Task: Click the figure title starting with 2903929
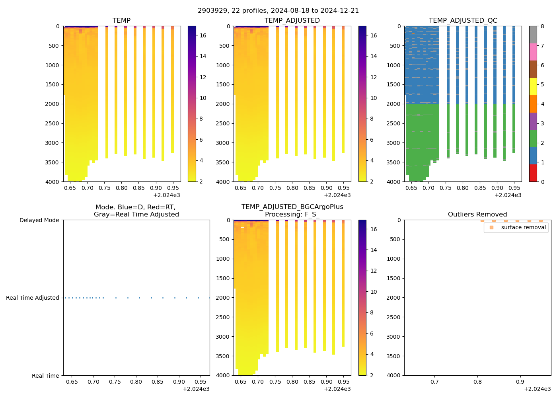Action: point(278,11)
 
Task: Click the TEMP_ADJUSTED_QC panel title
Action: point(463,21)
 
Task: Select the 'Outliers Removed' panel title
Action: point(477,215)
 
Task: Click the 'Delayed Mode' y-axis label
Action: point(39,220)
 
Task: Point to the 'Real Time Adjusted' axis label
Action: point(33,298)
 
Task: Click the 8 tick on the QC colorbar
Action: point(542,27)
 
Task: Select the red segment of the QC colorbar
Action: point(533,173)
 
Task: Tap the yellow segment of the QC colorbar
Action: point(533,87)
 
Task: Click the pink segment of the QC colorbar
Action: point(533,52)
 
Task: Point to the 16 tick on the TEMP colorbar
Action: point(203,35)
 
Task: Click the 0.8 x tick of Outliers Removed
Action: point(477,382)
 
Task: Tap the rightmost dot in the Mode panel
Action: point(209,298)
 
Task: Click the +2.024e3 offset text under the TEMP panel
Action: point(167,195)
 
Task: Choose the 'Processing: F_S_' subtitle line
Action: point(292,215)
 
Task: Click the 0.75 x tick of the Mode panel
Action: point(115,382)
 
